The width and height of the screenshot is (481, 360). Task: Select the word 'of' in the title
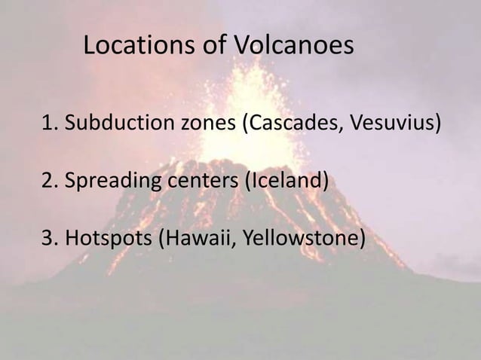tap(213, 47)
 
